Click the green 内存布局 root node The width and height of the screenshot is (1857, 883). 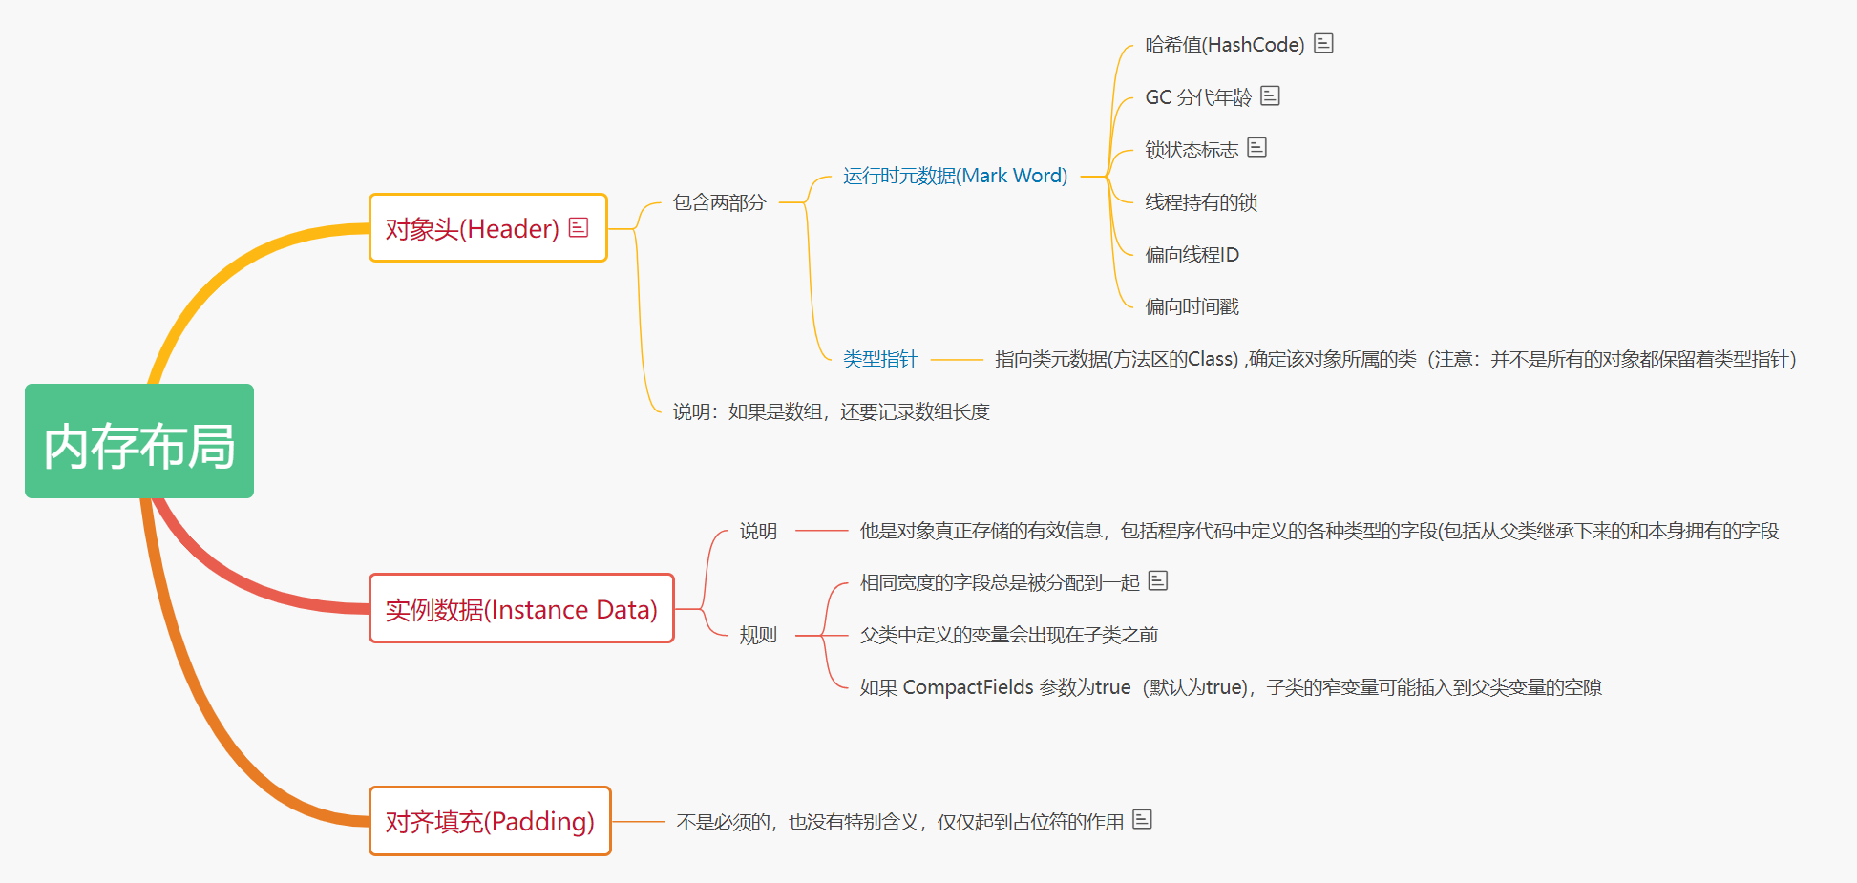(139, 441)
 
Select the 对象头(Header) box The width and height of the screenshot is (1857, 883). (472, 228)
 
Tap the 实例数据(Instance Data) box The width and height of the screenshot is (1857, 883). (521, 609)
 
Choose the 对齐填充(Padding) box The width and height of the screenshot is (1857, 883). (490, 821)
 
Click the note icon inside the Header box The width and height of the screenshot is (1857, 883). (579, 227)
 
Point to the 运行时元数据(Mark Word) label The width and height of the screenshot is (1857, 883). (955, 176)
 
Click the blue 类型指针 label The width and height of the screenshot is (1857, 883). (879, 359)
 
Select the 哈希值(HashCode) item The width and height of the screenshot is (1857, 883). (1224, 45)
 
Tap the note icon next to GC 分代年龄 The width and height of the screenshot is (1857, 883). (1270, 95)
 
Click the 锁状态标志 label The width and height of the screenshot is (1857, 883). (1192, 150)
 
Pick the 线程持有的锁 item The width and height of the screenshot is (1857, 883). (1201, 202)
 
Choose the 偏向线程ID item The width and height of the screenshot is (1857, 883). (1192, 255)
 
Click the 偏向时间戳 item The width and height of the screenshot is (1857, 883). (1192, 306)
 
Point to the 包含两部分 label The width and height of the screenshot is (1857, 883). (719, 202)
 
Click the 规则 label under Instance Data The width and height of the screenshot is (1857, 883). (758, 635)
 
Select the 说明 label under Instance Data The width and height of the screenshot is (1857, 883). (758, 531)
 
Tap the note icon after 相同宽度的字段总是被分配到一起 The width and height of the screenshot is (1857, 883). (1158, 580)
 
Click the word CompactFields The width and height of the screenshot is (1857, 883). (968, 687)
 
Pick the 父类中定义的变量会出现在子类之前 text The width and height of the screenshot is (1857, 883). (1008, 635)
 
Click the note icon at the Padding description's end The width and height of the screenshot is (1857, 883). (1143, 819)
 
